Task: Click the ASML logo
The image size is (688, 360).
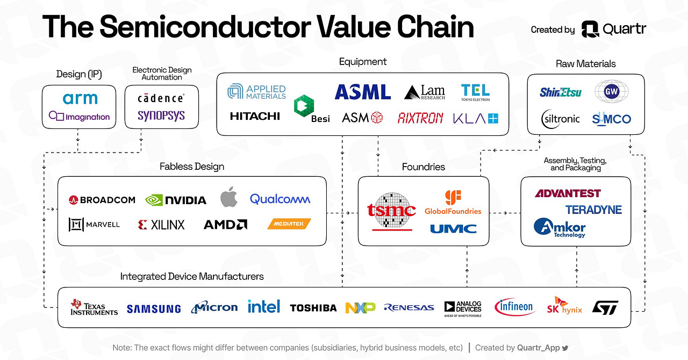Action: tap(362, 92)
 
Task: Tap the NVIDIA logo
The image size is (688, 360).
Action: tap(176, 200)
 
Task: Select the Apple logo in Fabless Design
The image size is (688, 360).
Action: tap(229, 198)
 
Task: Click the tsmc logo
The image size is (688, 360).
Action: tap(391, 210)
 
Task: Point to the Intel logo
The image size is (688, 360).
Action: tap(264, 306)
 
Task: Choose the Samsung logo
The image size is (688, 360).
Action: tap(154, 308)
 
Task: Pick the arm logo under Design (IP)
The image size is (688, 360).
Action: tap(80, 99)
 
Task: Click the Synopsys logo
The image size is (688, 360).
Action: tap(161, 115)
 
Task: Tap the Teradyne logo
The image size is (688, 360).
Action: tap(593, 210)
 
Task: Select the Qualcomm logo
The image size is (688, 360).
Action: tap(280, 199)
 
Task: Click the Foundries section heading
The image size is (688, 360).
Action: tap(424, 167)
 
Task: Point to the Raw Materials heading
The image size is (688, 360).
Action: tap(585, 63)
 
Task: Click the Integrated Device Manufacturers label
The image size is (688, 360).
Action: tap(192, 277)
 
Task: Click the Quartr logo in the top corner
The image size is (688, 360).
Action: tap(613, 29)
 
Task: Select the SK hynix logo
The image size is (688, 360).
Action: tap(564, 307)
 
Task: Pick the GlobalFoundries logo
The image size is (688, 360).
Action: tap(453, 203)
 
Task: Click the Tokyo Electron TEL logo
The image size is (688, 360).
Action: tap(475, 92)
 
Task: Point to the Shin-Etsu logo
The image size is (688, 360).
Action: tap(561, 92)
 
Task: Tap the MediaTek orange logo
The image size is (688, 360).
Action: tap(289, 224)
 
